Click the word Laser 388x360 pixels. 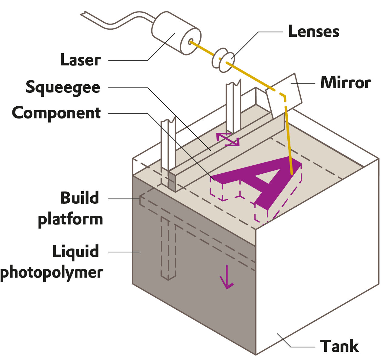(x=80, y=60)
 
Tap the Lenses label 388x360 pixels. (x=313, y=31)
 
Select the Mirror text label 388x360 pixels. (x=346, y=82)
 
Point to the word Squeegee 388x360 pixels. (x=63, y=87)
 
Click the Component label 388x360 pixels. (x=56, y=113)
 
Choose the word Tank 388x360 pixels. (x=339, y=346)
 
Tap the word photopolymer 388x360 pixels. (x=52, y=272)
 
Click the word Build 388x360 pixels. (x=79, y=198)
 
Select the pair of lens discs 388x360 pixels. (x=223, y=60)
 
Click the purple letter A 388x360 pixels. (x=264, y=179)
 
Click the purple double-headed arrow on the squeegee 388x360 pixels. (x=227, y=139)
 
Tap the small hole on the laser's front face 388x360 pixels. (x=191, y=41)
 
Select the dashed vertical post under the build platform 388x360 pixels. (x=168, y=248)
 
